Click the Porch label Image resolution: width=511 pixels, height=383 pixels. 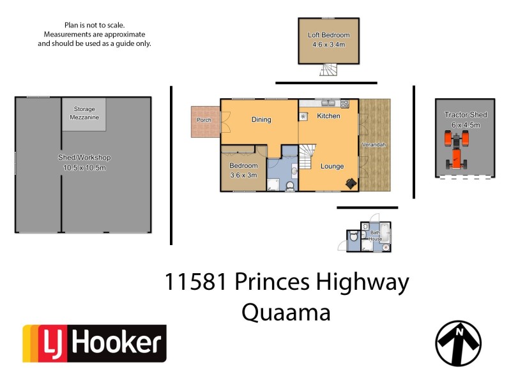(204, 119)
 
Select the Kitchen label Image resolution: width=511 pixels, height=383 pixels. (329, 116)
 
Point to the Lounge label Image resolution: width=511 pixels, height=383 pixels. (332, 167)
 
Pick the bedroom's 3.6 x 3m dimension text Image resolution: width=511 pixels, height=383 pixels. (243, 175)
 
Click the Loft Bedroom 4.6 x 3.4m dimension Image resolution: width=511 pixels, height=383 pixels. (329, 45)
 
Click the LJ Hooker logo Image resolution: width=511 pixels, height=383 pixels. (95, 343)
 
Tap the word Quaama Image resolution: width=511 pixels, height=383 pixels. (286, 312)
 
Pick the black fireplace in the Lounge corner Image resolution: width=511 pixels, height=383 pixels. (351, 184)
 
